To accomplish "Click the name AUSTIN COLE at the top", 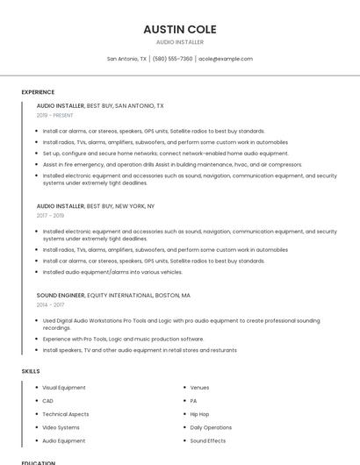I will [x=179, y=29].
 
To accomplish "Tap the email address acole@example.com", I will [x=226, y=59].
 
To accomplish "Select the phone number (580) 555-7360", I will [x=172, y=59].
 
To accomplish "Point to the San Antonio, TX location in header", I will [x=126, y=59].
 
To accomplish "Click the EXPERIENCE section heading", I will [x=38, y=92].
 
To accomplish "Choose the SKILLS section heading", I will [x=31, y=371].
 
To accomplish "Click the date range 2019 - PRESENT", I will [x=54, y=115].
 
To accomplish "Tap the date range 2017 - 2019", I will [x=50, y=215].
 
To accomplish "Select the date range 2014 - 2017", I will [x=50, y=305].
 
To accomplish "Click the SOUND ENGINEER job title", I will [x=61, y=296].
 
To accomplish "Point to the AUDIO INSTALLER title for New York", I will [x=61, y=205].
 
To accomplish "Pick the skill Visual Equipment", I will [x=64, y=387].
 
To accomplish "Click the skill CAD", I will [x=47, y=400].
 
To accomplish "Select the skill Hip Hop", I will [x=199, y=414].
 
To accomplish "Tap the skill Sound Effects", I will [x=207, y=440].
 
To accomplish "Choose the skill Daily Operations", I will [x=211, y=427].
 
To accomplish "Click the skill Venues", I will [x=199, y=387].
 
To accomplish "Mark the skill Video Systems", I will [x=61, y=427].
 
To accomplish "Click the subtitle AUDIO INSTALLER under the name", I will [x=179, y=42].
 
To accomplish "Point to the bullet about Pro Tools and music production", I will [x=123, y=339].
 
